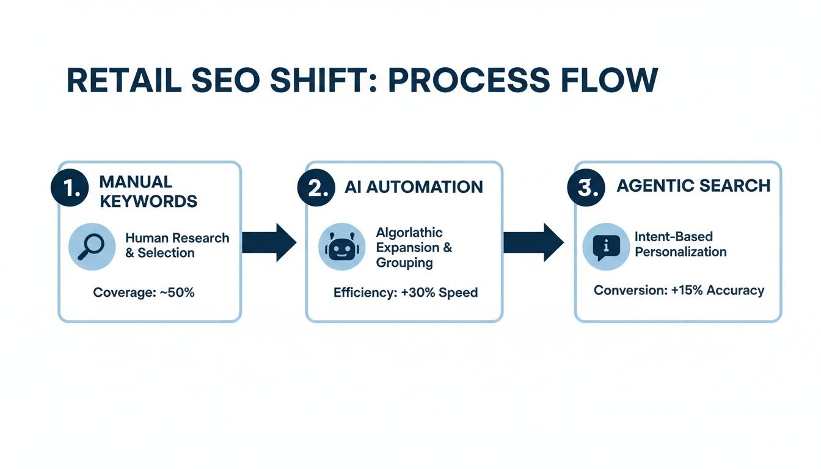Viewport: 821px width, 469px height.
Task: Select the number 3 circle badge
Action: tap(586, 187)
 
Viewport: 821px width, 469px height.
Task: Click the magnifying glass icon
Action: tap(92, 246)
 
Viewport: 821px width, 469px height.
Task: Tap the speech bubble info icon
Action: tap(606, 247)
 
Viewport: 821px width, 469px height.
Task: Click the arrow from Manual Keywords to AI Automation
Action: tap(269, 242)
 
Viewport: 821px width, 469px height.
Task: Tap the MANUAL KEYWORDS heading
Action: tap(148, 191)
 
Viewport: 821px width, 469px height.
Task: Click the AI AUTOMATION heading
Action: tap(414, 187)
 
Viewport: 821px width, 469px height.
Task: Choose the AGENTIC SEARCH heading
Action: tap(693, 186)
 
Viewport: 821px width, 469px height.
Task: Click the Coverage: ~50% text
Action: tap(144, 293)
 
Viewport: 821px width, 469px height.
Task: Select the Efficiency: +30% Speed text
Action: tap(406, 293)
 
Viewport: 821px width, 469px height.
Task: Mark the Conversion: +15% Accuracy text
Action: tap(679, 290)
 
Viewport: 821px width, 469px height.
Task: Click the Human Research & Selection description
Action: tap(177, 245)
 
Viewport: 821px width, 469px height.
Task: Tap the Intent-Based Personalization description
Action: tap(681, 244)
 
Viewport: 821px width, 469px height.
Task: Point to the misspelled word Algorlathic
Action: tap(409, 233)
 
